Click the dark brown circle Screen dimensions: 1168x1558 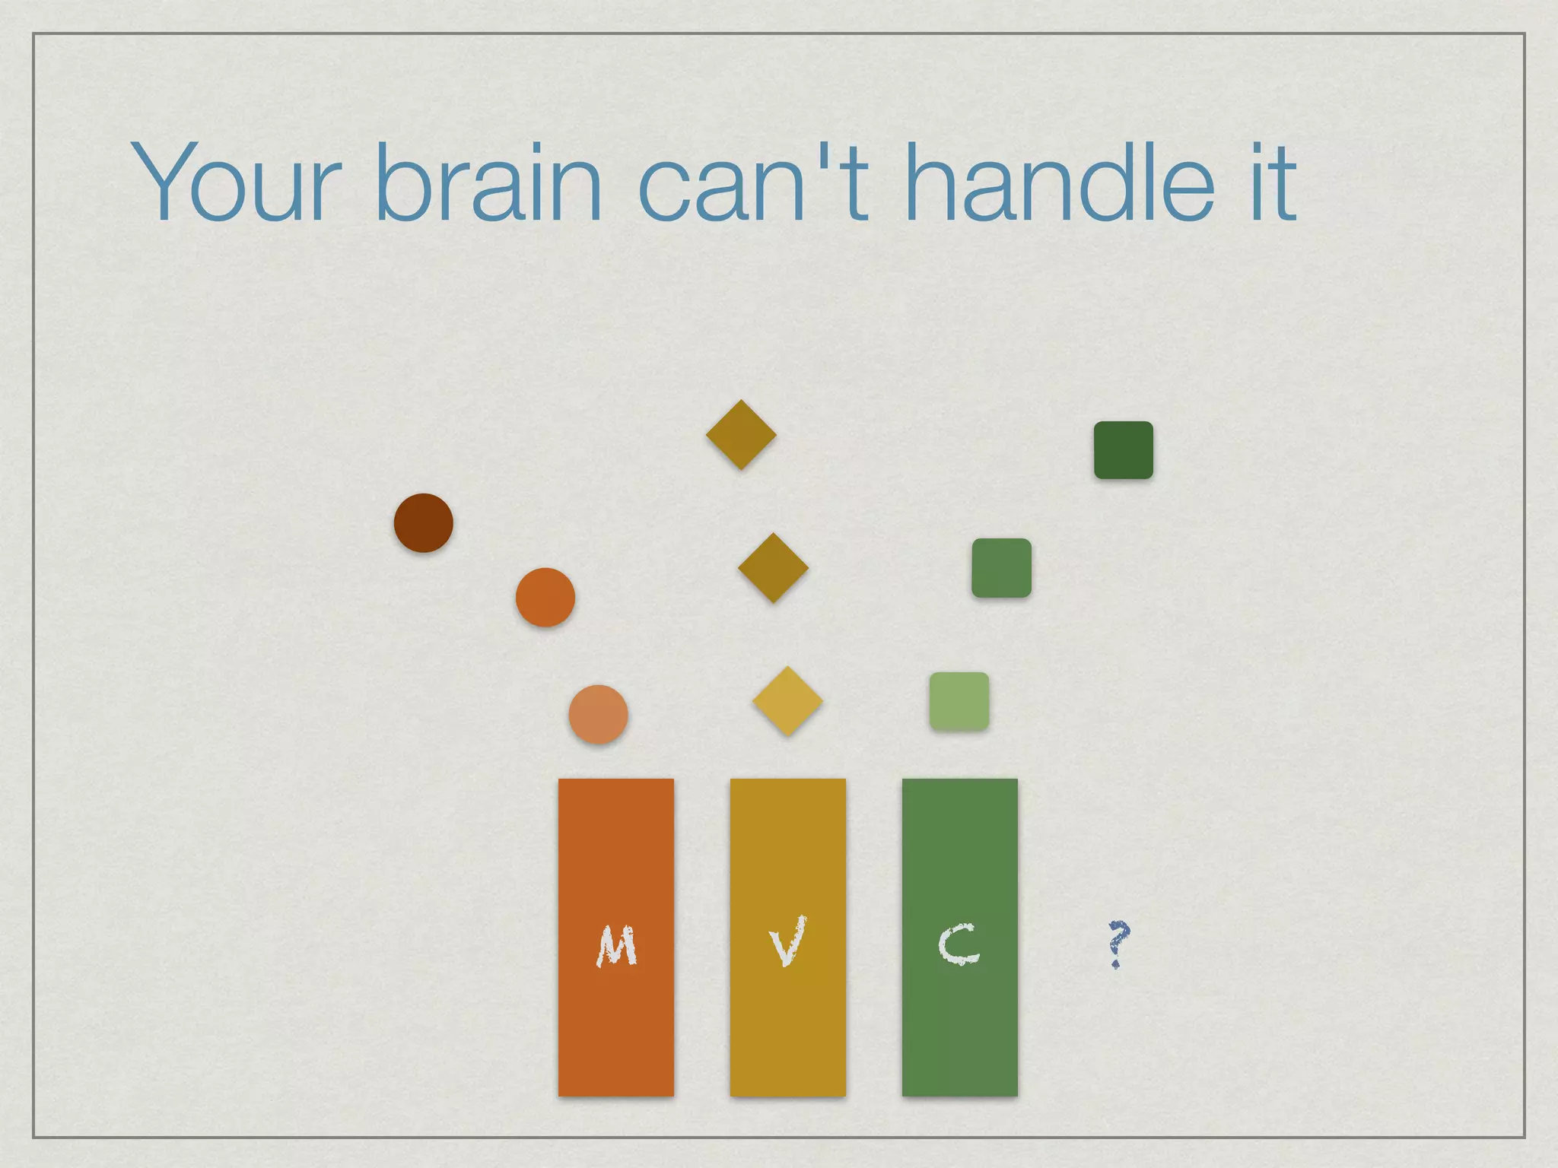424,523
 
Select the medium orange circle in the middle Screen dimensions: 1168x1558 545,598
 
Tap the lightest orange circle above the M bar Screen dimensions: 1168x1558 599,715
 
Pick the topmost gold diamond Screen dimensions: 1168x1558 741,435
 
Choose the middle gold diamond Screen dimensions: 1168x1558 773,568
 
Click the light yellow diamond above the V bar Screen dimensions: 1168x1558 787,701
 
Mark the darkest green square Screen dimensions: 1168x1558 1124,450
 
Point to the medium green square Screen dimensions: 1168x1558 1001,568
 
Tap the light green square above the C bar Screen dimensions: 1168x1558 959,701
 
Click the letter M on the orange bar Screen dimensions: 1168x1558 616,946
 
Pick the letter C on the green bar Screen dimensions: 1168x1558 959,944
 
